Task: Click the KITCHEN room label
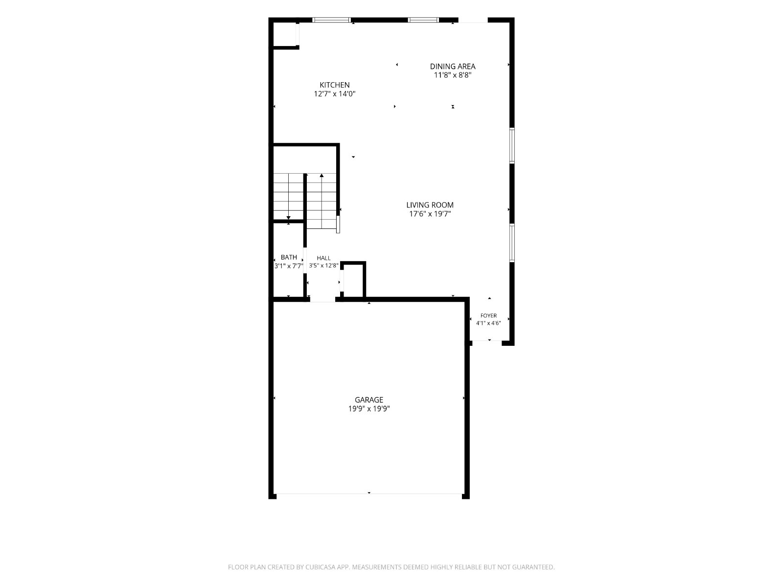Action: click(x=334, y=85)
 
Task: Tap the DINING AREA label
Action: click(x=452, y=67)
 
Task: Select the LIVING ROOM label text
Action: click(x=430, y=205)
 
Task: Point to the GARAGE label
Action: click(x=369, y=400)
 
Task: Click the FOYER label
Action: click(x=488, y=316)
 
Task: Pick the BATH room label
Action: click(x=289, y=257)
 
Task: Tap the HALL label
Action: click(x=323, y=258)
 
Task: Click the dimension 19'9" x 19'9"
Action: click(x=369, y=408)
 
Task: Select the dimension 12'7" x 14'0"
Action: click(x=335, y=94)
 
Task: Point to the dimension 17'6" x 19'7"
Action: click(x=430, y=214)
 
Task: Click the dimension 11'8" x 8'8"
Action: click(x=453, y=75)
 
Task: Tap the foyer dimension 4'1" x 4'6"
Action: click(x=488, y=323)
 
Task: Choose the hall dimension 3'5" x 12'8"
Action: click(x=323, y=266)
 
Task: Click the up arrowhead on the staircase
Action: click(x=322, y=175)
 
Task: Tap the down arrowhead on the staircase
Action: click(x=288, y=218)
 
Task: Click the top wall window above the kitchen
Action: click(x=331, y=20)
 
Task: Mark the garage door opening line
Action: click(x=369, y=494)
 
